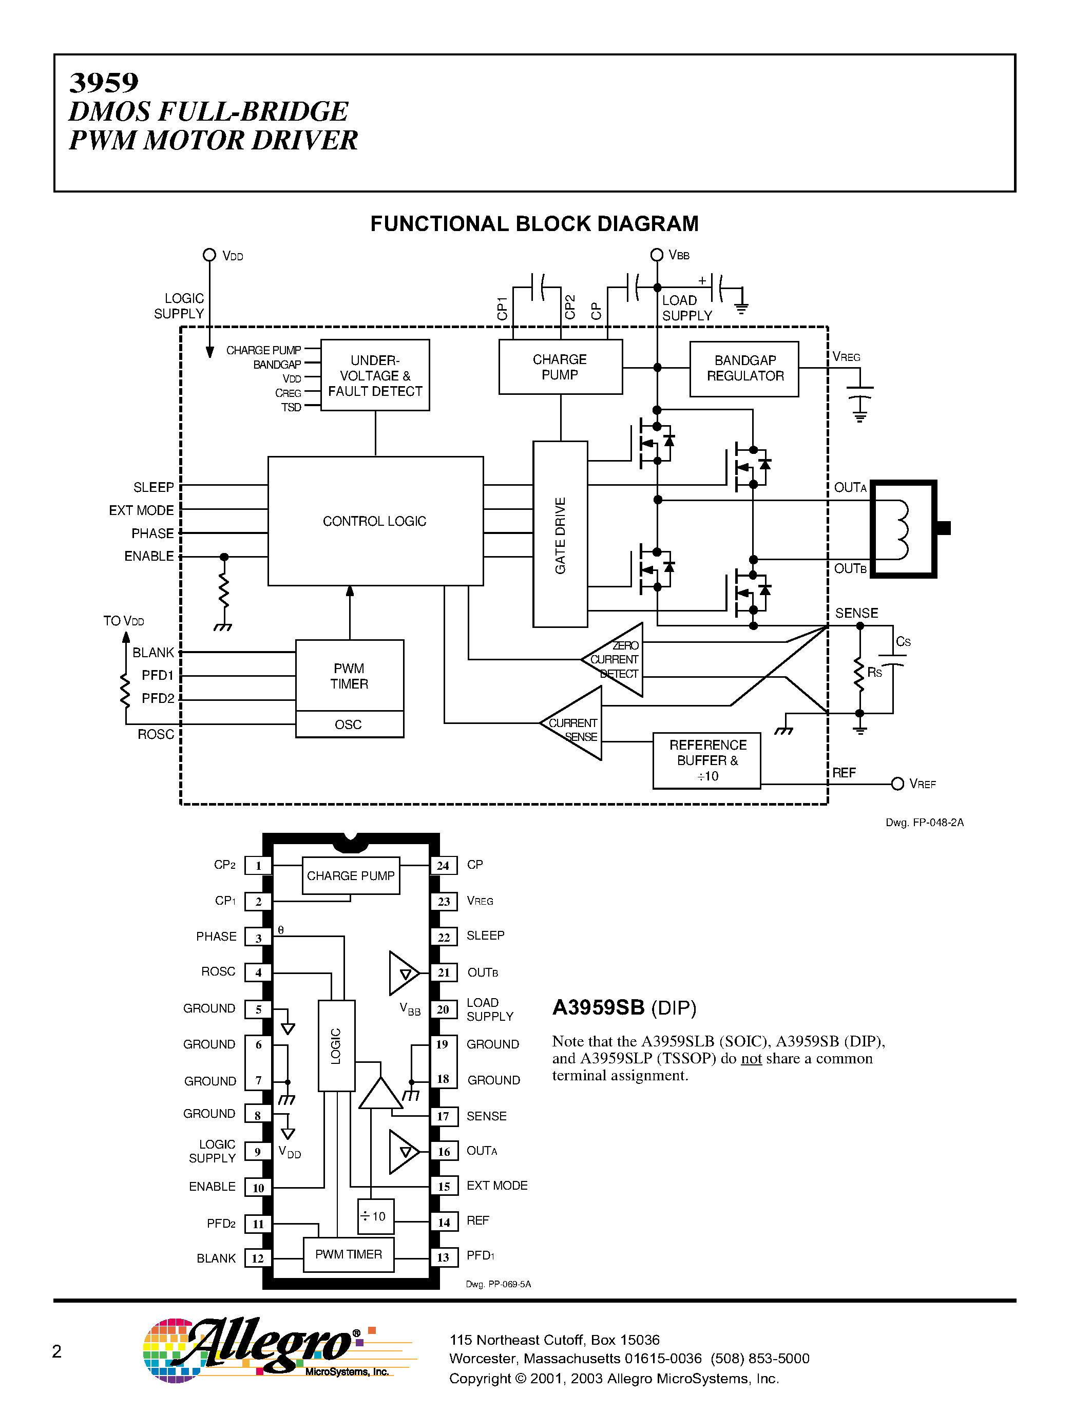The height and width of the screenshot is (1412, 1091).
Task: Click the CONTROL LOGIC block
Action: click(x=375, y=521)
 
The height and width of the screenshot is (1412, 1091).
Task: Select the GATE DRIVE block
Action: click(x=560, y=534)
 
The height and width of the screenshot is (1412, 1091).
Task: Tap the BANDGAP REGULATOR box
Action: click(x=744, y=369)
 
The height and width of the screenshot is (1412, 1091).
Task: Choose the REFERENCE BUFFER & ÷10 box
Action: click(x=706, y=760)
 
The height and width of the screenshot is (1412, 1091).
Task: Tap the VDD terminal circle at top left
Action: click(x=209, y=255)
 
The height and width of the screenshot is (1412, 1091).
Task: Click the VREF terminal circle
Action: click(x=897, y=784)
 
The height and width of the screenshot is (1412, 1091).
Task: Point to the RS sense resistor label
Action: click(x=874, y=673)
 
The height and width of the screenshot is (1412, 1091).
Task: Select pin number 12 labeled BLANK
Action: click(x=258, y=1258)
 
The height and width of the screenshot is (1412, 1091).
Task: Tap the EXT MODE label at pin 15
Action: click(x=496, y=1186)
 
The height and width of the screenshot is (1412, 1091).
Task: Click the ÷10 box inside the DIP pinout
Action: click(x=375, y=1216)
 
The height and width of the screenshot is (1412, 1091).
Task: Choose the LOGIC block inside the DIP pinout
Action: click(x=336, y=1046)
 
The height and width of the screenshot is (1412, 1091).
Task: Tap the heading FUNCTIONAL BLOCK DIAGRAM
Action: click(x=534, y=224)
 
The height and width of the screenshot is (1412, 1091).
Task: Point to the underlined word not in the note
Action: click(x=751, y=1058)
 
